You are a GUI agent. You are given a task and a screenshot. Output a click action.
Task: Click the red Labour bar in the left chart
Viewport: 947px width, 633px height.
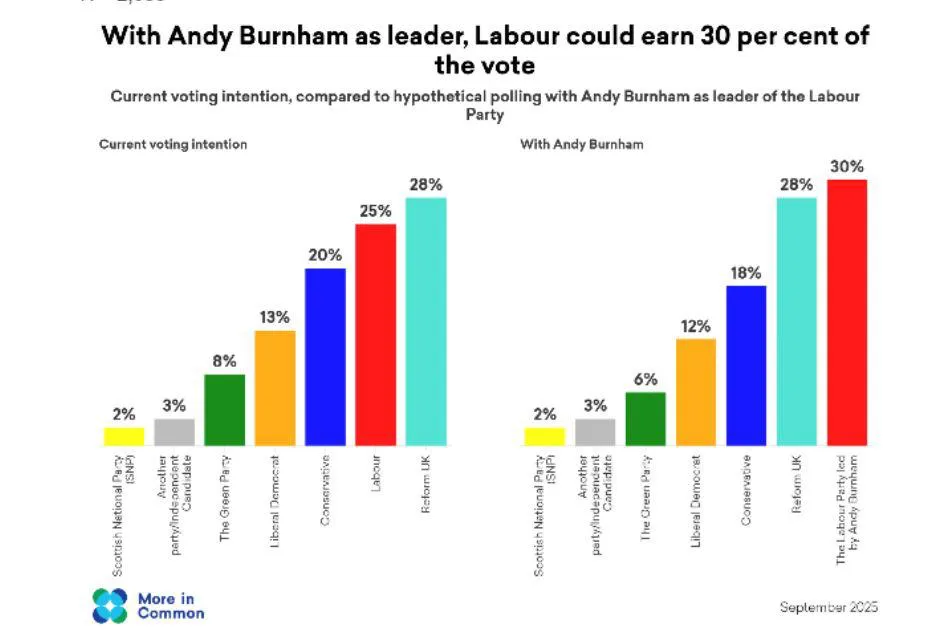(376, 335)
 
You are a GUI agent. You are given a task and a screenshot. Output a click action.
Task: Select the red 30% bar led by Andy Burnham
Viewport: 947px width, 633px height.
(847, 312)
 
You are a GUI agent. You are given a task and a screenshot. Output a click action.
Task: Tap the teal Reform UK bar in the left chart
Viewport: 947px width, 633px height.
(426, 321)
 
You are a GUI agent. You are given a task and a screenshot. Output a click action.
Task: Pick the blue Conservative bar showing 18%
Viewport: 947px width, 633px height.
(746, 365)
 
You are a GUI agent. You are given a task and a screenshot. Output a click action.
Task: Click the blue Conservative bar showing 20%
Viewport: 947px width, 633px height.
(325, 356)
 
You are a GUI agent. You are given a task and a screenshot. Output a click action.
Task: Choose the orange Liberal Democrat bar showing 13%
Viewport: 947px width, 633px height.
(275, 387)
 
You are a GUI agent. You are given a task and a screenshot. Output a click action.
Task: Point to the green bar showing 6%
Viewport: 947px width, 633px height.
(645, 418)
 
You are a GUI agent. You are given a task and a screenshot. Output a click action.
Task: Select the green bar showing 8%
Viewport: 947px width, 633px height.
(225, 409)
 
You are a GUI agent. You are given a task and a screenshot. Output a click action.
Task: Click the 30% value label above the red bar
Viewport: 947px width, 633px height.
(847, 166)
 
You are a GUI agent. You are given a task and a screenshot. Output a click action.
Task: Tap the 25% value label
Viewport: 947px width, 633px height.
(376, 210)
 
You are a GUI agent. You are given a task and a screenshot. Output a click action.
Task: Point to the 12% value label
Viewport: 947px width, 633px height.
(696, 325)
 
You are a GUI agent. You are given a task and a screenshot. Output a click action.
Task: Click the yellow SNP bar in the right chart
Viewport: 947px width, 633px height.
(545, 436)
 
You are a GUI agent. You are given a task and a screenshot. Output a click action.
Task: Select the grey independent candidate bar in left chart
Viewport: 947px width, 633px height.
(174, 431)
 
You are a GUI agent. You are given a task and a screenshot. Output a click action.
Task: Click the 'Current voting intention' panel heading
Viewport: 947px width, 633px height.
(173, 144)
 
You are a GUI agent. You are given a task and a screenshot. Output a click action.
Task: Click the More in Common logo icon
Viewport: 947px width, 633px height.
(110, 605)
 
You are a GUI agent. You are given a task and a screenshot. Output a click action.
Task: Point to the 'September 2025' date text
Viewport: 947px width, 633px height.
(828, 607)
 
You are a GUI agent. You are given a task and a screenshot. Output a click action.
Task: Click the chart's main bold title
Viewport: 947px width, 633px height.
(485, 50)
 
